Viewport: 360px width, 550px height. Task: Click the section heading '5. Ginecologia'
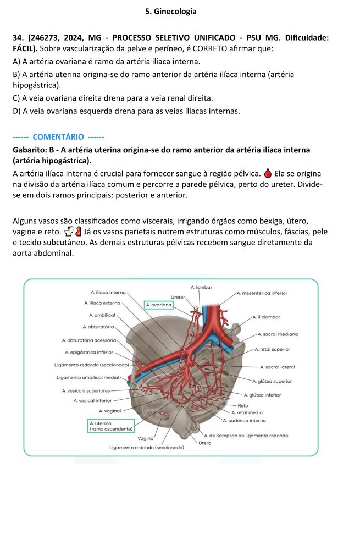(x=171, y=11)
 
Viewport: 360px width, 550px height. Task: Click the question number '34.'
(x=19, y=37)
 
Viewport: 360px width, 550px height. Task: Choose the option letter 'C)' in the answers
(x=16, y=98)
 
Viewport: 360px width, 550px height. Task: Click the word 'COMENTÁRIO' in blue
(x=58, y=136)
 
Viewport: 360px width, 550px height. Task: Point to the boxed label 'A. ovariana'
(x=159, y=304)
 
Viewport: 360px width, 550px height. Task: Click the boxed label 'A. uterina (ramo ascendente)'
(x=110, y=426)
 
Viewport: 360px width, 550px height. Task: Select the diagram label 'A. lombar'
(x=201, y=287)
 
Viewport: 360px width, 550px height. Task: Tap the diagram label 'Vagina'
(x=145, y=438)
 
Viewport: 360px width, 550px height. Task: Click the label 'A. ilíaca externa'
(x=102, y=302)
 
